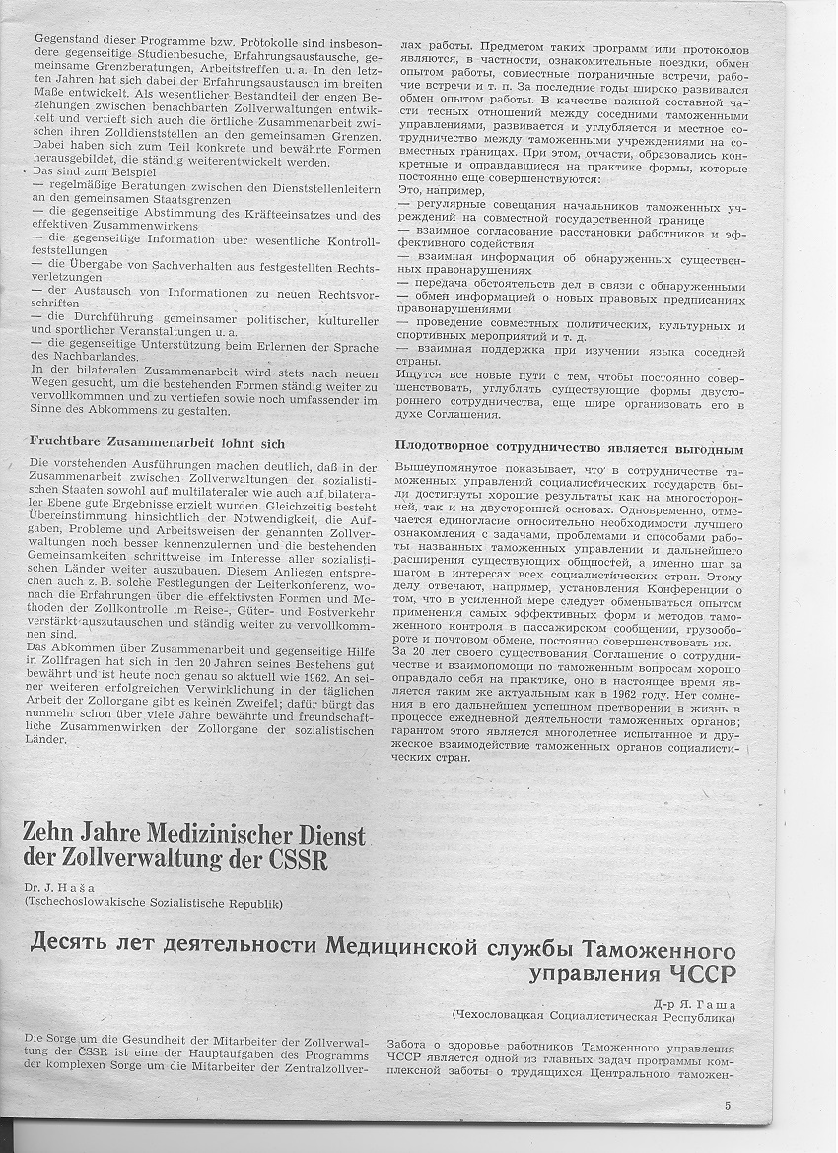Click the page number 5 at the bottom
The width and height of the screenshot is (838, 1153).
tap(728, 1105)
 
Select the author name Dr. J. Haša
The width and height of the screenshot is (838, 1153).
tap(60, 886)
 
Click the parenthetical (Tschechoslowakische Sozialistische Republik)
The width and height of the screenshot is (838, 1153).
tap(154, 902)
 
